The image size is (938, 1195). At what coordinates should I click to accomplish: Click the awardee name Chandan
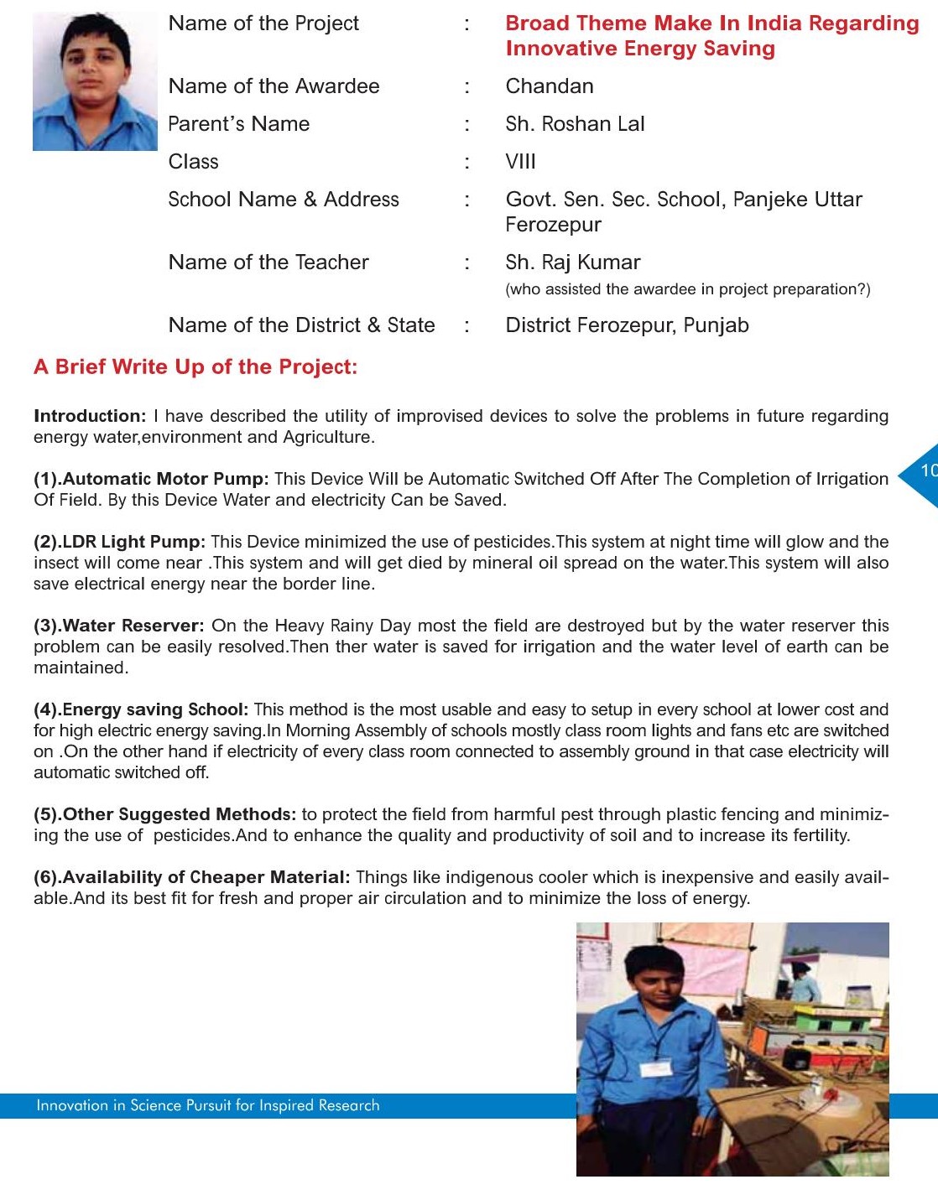(x=550, y=86)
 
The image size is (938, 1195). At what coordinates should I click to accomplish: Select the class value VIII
(x=520, y=162)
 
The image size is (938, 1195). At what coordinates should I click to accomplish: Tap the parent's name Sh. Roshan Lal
(x=575, y=124)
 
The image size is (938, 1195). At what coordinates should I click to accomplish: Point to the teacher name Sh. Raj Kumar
(x=572, y=262)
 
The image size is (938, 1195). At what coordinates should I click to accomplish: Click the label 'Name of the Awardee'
(x=274, y=86)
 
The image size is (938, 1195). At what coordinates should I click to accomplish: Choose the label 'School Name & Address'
(x=284, y=200)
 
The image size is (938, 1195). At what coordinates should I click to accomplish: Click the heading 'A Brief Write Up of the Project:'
(x=195, y=367)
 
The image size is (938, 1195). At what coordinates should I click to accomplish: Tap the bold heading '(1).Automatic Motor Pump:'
(x=151, y=479)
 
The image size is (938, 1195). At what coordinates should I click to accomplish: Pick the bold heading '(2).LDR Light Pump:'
(x=119, y=542)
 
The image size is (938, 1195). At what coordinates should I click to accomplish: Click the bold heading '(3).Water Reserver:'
(x=118, y=626)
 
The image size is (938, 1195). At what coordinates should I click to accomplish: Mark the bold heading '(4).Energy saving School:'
(x=141, y=709)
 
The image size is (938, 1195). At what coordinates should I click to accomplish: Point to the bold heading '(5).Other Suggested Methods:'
(x=164, y=814)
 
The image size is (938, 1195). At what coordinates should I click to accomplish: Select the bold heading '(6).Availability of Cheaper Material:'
(x=191, y=877)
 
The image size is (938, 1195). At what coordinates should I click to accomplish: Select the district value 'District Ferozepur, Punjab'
(x=627, y=325)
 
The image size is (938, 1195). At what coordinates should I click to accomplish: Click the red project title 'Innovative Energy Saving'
(x=639, y=49)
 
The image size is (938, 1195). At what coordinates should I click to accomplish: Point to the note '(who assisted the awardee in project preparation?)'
(x=687, y=289)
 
